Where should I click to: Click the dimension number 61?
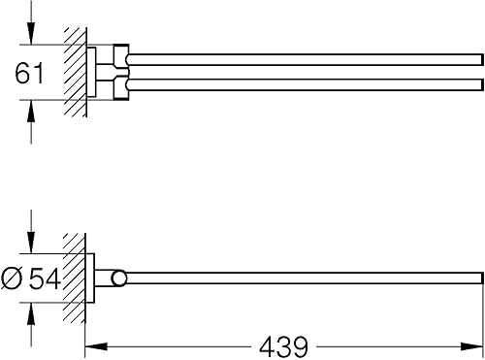pyautogui.click(x=29, y=74)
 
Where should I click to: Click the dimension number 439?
pyautogui.click(x=284, y=346)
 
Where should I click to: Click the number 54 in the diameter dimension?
pyautogui.click(x=45, y=278)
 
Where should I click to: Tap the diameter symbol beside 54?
pyautogui.click(x=12, y=278)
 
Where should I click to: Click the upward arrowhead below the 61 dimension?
pyautogui.click(x=31, y=111)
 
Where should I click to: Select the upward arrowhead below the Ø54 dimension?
pyautogui.click(x=31, y=313)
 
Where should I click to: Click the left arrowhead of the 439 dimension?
pyautogui.click(x=96, y=346)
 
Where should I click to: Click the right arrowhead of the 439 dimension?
pyautogui.click(x=472, y=346)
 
